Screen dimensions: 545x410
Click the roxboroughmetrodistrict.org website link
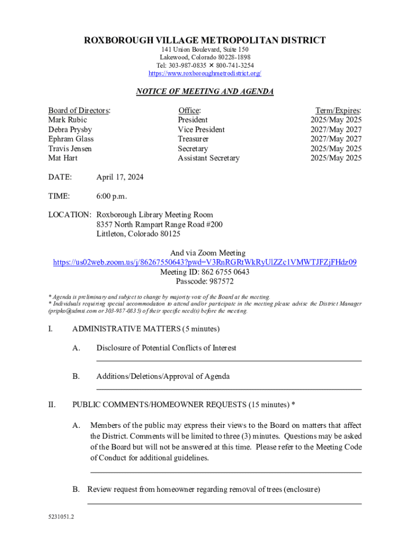tap(205, 73)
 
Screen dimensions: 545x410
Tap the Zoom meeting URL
tap(205, 262)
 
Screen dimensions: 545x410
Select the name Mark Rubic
tap(68, 120)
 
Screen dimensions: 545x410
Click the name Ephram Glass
tap(71, 139)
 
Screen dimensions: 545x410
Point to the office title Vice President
tap(201, 129)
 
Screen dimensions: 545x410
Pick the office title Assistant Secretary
tap(209, 158)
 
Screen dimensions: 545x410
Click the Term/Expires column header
tap(338, 110)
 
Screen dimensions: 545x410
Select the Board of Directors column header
tap(79, 110)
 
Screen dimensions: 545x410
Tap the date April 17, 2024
tap(120, 177)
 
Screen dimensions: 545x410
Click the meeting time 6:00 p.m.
tap(112, 196)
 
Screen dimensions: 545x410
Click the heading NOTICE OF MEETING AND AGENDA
tap(205, 92)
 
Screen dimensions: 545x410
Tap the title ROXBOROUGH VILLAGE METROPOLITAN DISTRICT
tap(205, 40)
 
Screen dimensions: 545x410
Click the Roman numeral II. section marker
tap(52, 404)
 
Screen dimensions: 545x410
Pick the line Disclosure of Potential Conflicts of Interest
tap(166, 348)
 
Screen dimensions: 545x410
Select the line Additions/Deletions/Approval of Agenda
tap(163, 376)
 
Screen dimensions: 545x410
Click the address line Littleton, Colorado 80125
tap(138, 234)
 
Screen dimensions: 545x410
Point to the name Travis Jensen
tap(70, 148)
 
